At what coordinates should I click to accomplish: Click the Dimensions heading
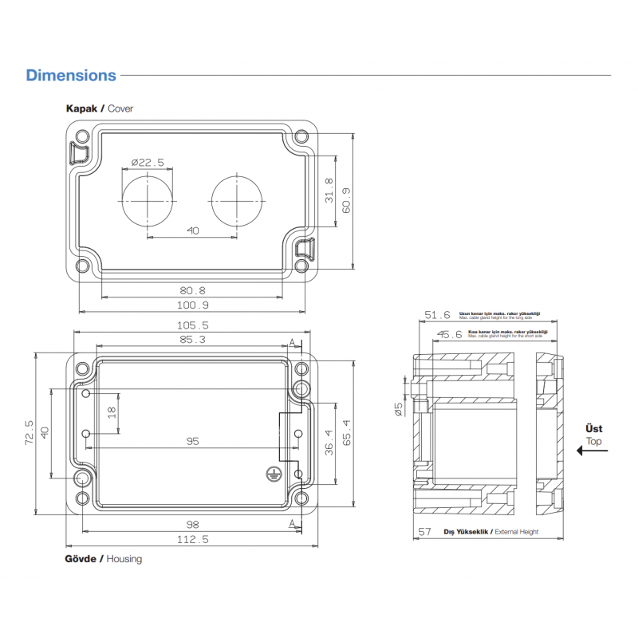coord(71,76)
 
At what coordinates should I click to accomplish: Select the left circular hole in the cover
coord(148,199)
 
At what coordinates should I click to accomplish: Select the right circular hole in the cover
coord(236,199)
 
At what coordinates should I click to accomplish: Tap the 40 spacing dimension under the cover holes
coord(192,230)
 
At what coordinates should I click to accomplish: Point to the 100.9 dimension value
coord(192,305)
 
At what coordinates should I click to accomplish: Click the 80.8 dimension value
coord(192,290)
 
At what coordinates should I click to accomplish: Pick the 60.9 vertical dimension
coord(345,200)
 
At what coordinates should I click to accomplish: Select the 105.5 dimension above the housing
coord(192,325)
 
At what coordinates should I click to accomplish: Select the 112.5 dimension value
coord(192,539)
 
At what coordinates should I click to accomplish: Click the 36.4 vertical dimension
coord(329,443)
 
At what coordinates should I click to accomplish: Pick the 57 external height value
coord(425,531)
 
